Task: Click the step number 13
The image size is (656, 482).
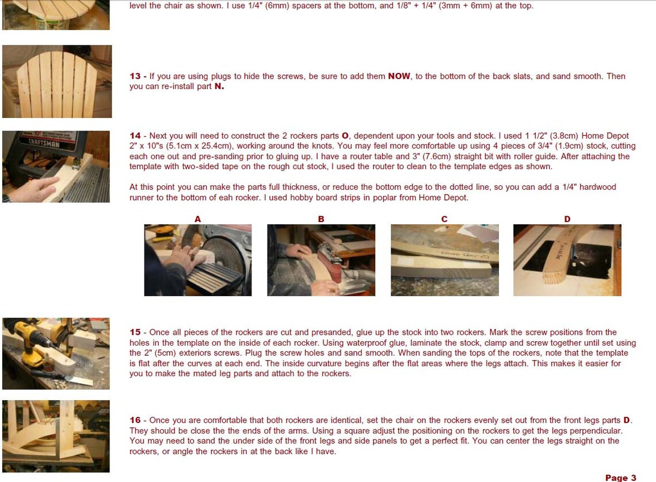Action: [135, 76]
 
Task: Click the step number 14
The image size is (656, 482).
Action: [135, 136]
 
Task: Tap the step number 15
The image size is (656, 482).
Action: [135, 332]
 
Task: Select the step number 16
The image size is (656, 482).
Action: [135, 420]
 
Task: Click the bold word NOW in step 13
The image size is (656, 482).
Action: [399, 76]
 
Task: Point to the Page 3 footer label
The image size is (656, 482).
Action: [620, 477]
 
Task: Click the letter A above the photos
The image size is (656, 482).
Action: [198, 219]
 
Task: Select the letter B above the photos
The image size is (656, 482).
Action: [321, 219]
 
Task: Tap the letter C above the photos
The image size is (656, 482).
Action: [444, 219]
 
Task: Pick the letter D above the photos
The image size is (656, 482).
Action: [567, 219]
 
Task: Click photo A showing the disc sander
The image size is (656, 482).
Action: [197, 260]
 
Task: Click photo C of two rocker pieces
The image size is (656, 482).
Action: [444, 260]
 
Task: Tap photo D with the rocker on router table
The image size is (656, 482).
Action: [567, 260]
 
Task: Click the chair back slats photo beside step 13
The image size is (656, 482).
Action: [56, 82]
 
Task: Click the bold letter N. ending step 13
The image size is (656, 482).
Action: [219, 87]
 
